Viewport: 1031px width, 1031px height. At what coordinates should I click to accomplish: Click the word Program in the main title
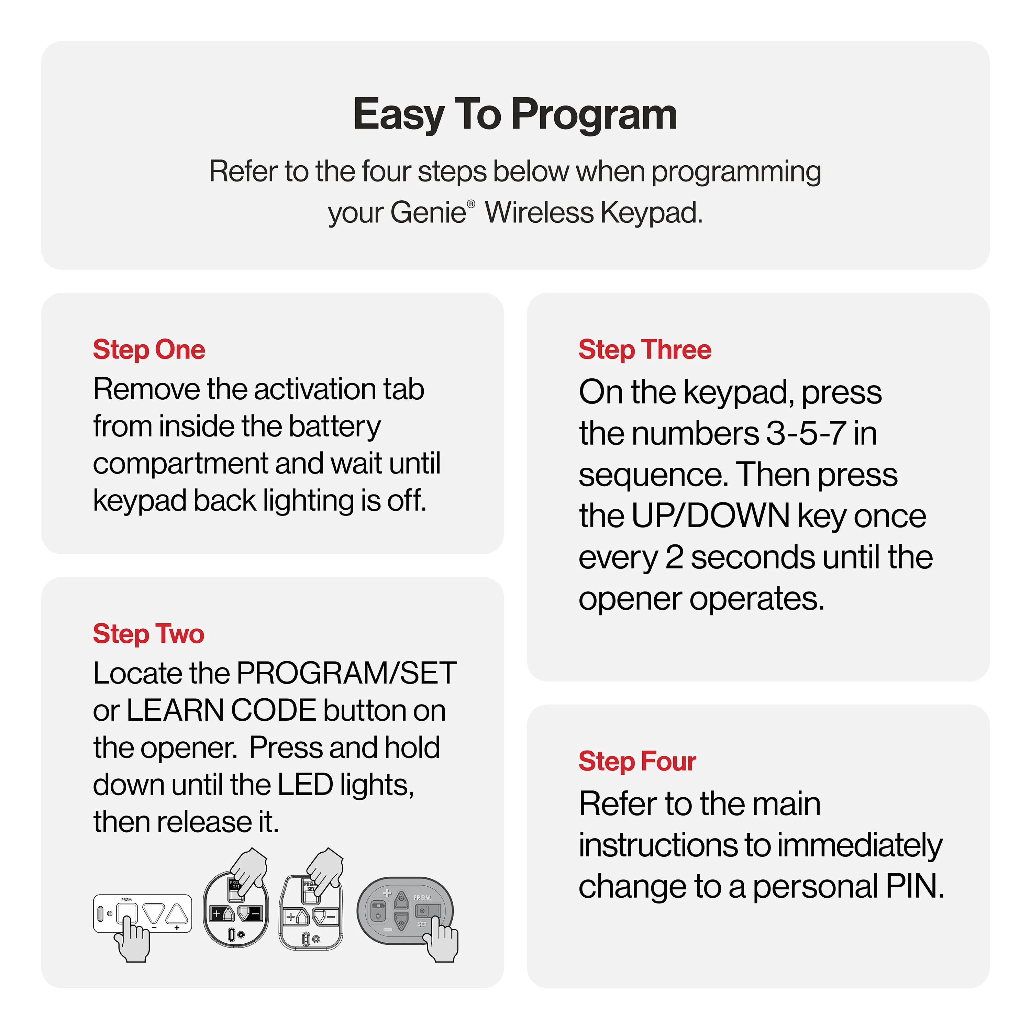[x=594, y=115]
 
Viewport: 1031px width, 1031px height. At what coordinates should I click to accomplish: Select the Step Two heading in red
[x=148, y=634]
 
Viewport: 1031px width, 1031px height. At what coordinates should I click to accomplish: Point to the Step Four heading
[x=637, y=761]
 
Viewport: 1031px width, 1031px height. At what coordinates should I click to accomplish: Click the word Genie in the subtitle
[x=428, y=212]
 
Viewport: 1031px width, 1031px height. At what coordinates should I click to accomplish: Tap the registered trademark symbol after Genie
[x=471, y=204]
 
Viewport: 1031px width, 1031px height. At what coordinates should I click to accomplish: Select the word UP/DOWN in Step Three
[x=710, y=516]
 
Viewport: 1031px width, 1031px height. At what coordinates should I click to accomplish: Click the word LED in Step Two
[x=305, y=785]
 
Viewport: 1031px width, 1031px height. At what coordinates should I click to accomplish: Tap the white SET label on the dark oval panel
[x=422, y=924]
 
